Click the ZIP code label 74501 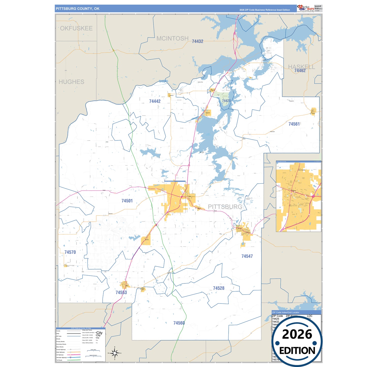[127, 201]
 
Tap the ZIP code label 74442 [155, 101]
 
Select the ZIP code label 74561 [294, 124]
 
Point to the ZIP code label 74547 [247, 256]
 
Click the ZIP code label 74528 [218, 288]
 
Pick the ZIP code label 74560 [179, 323]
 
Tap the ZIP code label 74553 [121, 293]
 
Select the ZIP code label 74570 [70, 252]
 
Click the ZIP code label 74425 [226, 101]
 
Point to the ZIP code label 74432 [197, 41]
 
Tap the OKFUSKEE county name [76, 28]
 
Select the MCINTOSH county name [172, 39]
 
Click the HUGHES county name [71, 82]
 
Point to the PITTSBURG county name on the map [225, 207]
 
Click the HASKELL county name [301, 67]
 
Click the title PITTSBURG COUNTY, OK [77, 9]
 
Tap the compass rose [115, 353]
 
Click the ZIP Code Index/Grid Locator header [285, 312]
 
